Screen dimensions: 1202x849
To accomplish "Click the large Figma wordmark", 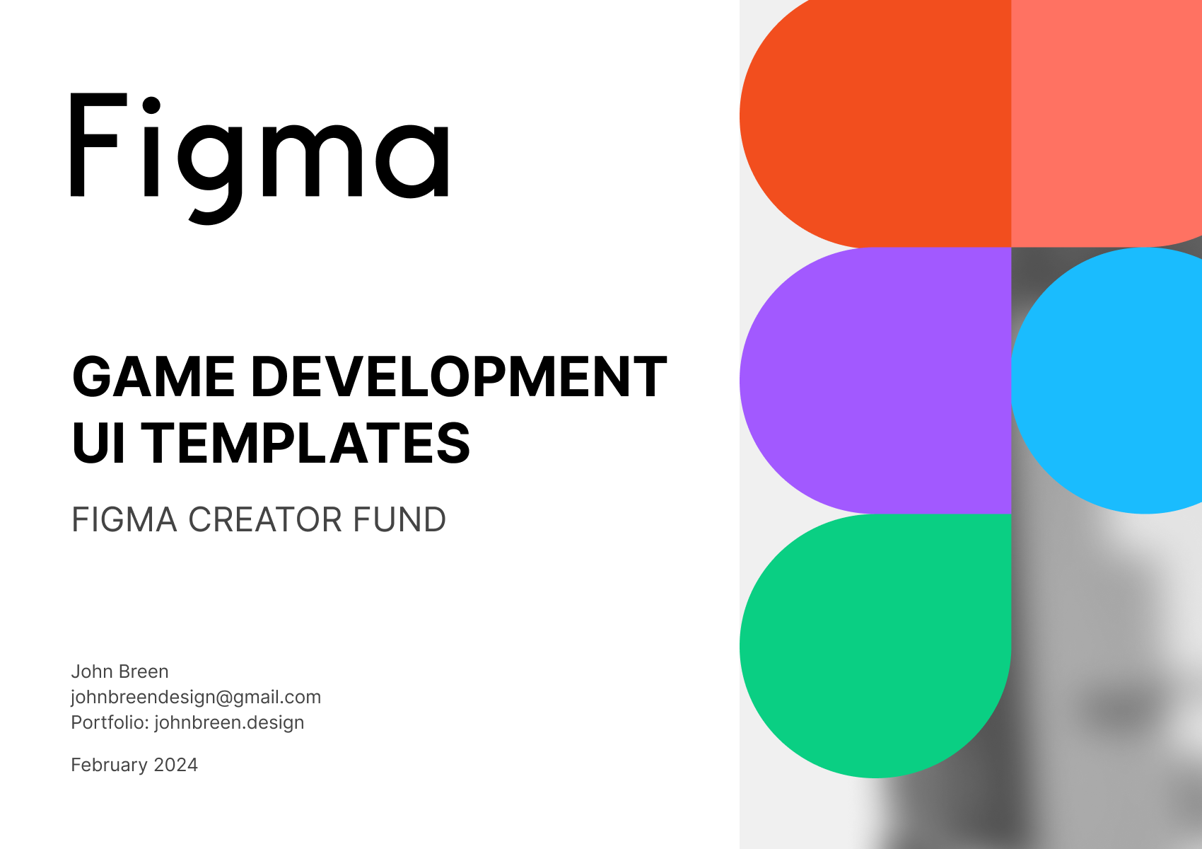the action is (259, 158).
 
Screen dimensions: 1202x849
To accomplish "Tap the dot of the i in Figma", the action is (151, 105).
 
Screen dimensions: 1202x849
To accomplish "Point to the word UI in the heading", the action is (99, 442).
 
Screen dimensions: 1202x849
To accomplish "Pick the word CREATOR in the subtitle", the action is (264, 519).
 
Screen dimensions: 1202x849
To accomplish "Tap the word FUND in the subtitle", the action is (399, 519).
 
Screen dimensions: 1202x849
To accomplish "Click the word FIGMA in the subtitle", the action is (124, 519).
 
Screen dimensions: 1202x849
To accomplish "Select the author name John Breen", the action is (119, 671).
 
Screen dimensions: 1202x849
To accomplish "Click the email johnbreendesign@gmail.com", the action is (196, 697).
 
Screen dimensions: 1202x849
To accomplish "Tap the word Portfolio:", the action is (110, 722).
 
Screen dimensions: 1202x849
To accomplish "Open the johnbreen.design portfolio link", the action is (229, 723).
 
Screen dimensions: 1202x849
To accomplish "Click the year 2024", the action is (175, 765).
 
